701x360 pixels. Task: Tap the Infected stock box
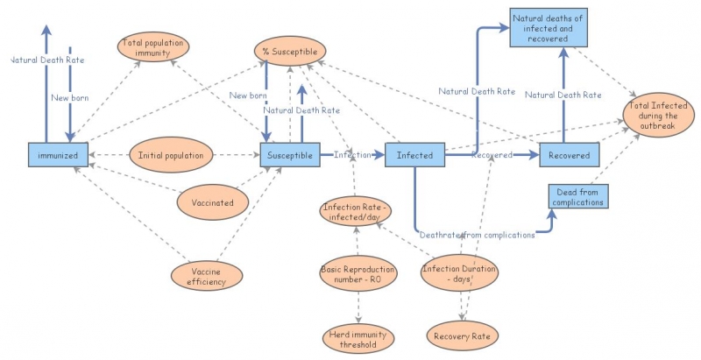tap(414, 155)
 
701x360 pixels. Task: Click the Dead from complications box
tap(577, 196)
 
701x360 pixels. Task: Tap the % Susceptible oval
tap(289, 51)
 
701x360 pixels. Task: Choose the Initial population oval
tap(171, 155)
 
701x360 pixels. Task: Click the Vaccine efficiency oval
tap(209, 275)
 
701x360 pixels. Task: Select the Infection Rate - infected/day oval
tap(355, 213)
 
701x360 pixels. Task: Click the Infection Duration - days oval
tap(460, 273)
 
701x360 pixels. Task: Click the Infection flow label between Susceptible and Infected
tap(352, 155)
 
